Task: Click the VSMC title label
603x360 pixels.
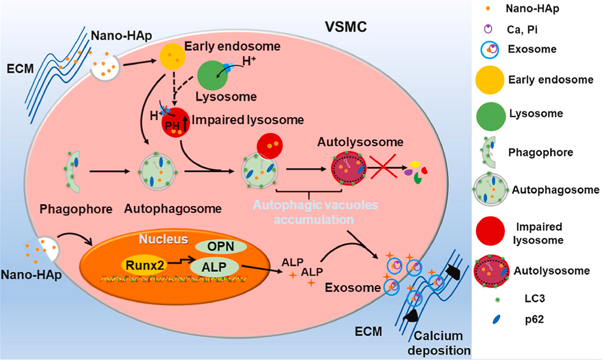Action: point(346,27)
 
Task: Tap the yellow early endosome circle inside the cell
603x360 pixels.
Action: point(172,57)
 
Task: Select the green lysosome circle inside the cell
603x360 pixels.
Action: point(212,75)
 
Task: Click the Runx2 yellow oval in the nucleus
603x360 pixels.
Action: point(145,265)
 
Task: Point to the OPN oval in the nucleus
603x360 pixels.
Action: point(221,246)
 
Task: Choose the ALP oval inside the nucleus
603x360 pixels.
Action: point(214,267)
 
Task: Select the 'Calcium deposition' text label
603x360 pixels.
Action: point(439,343)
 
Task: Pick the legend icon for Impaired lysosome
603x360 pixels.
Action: point(490,231)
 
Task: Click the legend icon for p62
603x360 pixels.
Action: point(497,319)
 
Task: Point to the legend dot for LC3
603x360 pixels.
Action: point(498,299)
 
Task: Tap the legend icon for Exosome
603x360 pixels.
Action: point(490,50)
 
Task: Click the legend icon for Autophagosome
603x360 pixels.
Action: point(490,189)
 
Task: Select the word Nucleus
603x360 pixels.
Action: point(163,239)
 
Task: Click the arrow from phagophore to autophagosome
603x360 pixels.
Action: point(109,171)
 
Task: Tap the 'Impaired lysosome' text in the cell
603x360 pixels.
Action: point(248,120)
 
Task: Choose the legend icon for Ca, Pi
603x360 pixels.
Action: point(488,29)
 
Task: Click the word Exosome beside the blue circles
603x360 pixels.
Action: point(352,288)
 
